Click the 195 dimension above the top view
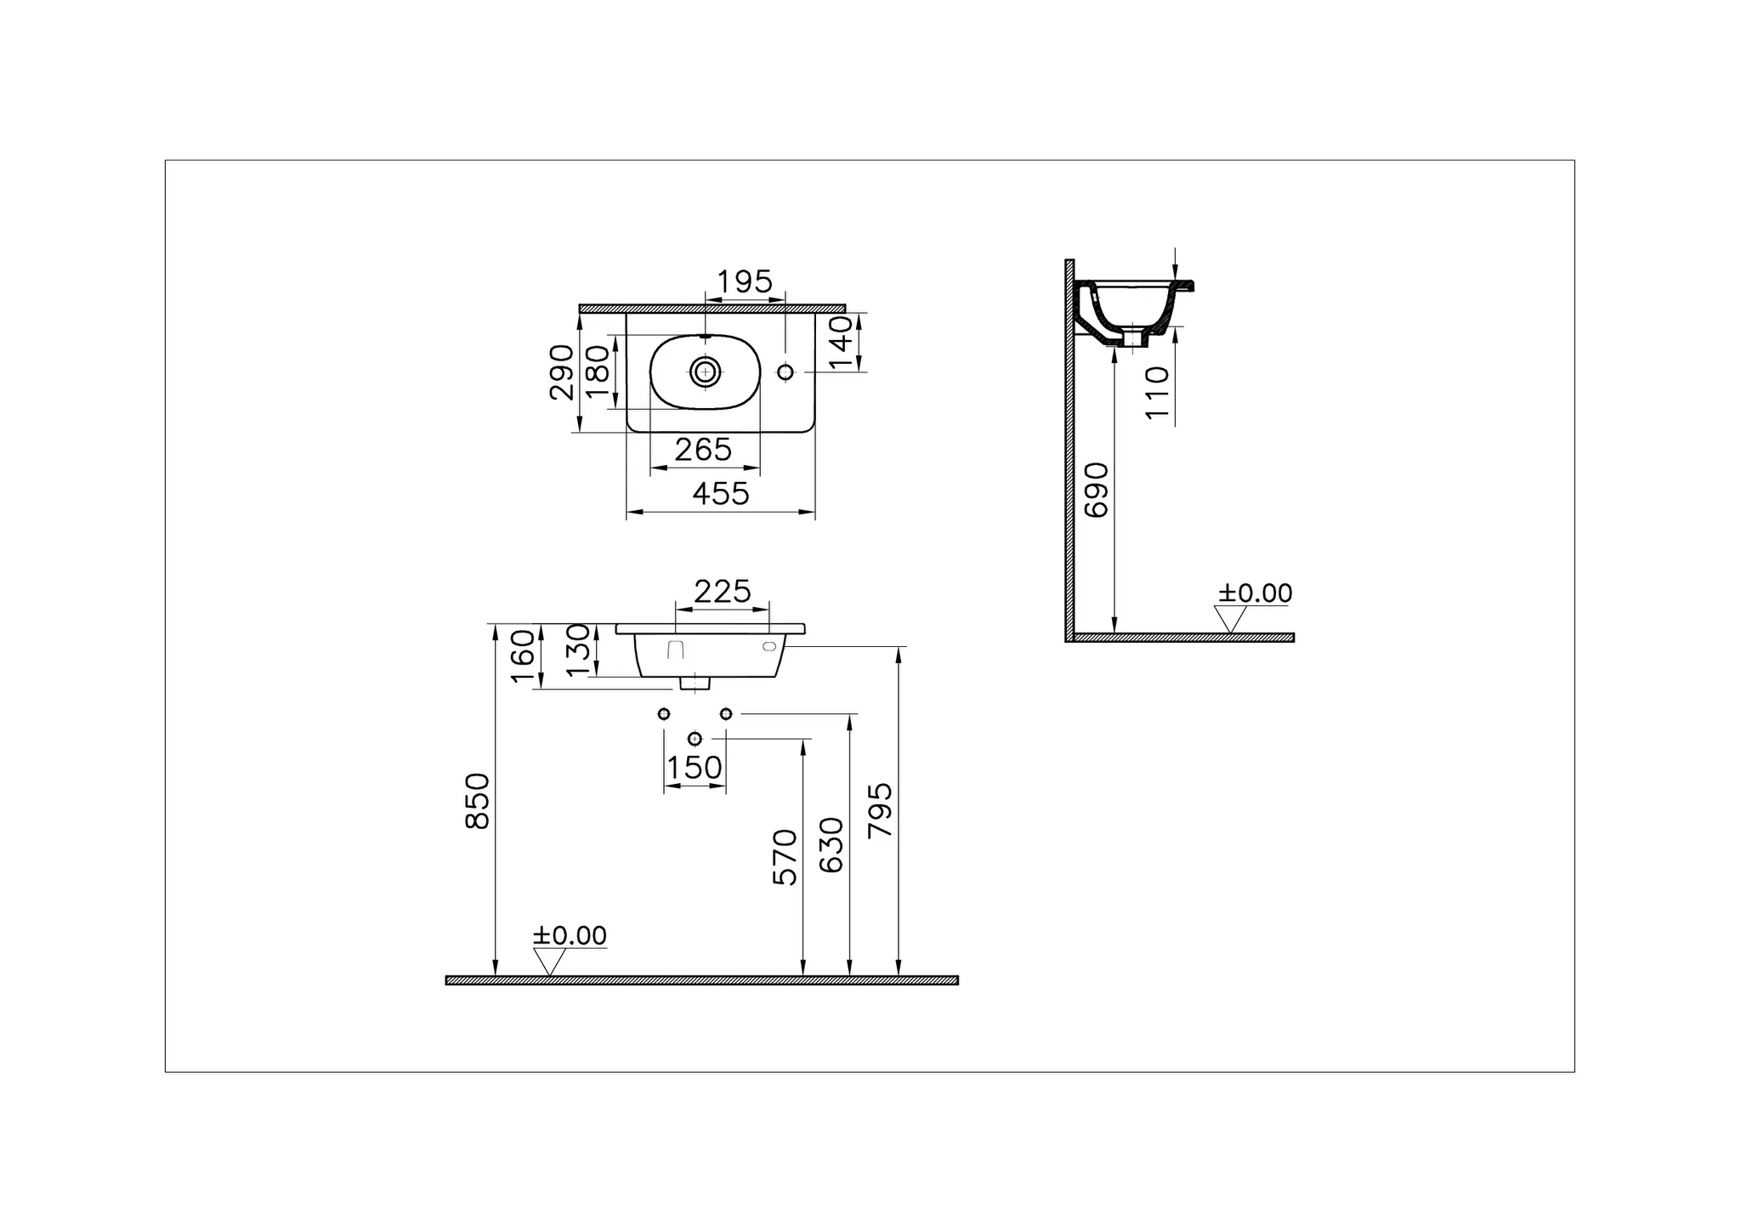[745, 282]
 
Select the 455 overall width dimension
[721, 494]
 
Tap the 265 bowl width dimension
[703, 450]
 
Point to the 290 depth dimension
[562, 372]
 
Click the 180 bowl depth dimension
[598, 370]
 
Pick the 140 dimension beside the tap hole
[840, 343]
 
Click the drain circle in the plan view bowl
[705, 371]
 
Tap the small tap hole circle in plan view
[785, 372]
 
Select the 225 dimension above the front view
[723, 592]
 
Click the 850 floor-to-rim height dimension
[478, 801]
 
